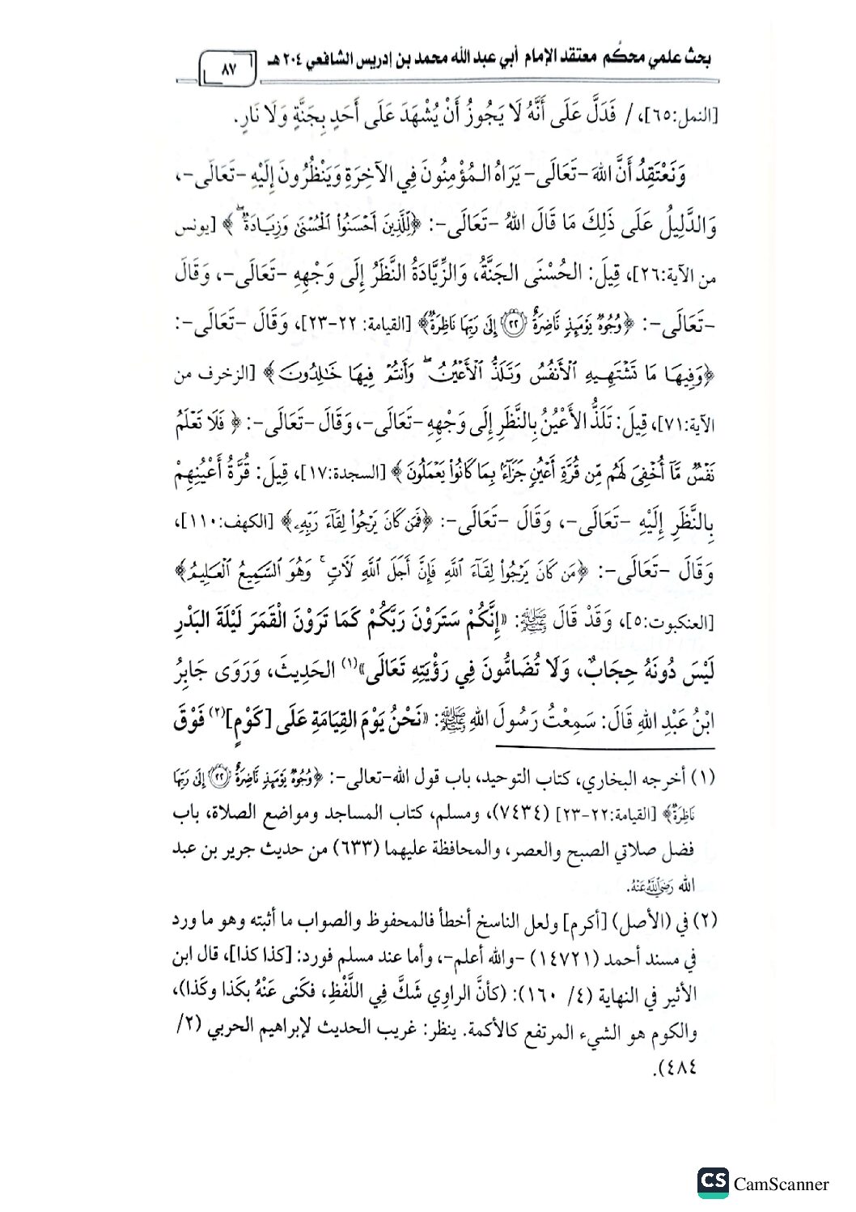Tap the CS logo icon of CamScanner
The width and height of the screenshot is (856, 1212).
click(713, 1182)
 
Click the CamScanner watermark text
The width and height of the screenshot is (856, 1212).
click(781, 1184)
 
